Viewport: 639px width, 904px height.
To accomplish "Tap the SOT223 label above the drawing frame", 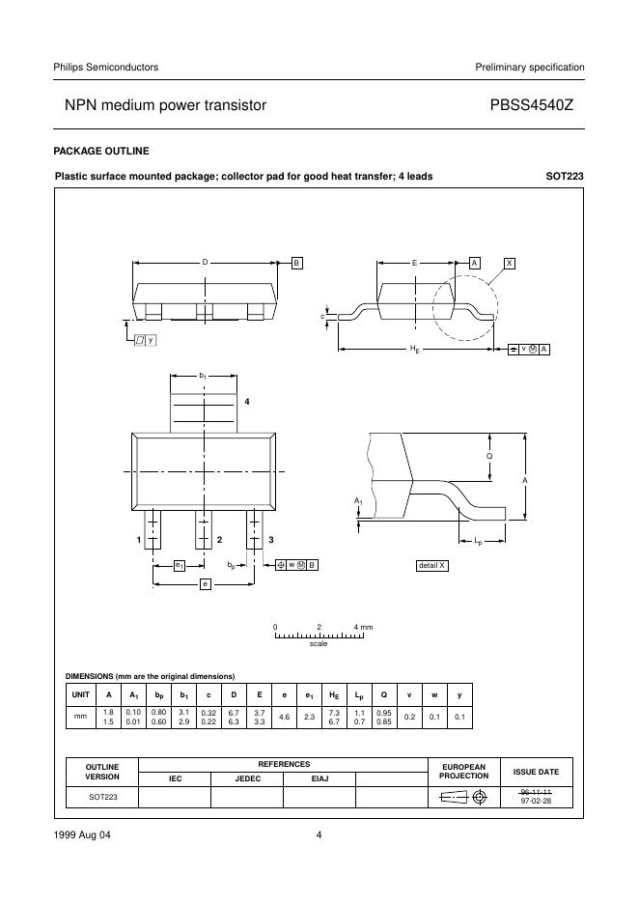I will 565,177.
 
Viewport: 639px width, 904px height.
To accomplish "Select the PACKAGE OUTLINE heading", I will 101,151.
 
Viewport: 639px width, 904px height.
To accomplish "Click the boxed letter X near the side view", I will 510,263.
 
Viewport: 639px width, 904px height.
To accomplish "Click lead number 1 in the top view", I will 139,539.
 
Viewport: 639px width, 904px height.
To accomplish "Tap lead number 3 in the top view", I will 271,539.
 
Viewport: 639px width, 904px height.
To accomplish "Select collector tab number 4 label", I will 247,401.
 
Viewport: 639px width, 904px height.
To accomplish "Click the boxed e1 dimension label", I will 180,565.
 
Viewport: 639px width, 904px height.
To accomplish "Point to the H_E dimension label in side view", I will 415,348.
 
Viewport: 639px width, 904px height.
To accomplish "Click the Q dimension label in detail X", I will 489,454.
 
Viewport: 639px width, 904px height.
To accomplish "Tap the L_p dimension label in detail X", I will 478,542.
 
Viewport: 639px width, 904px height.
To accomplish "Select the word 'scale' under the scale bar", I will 319,643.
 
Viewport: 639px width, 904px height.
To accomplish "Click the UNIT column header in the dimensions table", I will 79,695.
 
